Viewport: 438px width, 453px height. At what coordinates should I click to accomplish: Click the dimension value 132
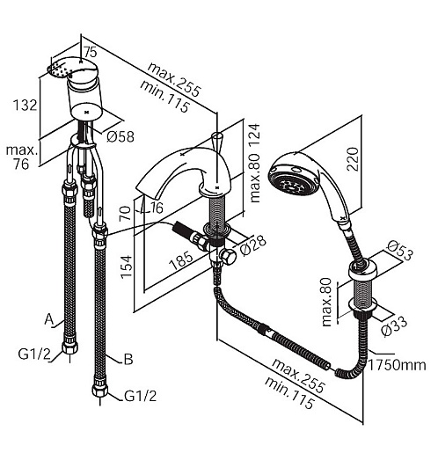click(x=26, y=105)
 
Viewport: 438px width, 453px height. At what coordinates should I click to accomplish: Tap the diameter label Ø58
click(x=120, y=136)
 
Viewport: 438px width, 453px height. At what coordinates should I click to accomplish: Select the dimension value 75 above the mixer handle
click(x=91, y=53)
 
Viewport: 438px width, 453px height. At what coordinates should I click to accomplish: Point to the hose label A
click(x=49, y=319)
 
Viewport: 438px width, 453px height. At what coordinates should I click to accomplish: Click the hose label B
click(x=128, y=359)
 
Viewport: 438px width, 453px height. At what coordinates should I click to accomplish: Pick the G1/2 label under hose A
click(x=34, y=354)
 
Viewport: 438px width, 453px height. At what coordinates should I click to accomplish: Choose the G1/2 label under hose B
click(x=141, y=396)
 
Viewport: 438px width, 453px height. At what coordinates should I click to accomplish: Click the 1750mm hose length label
click(x=397, y=365)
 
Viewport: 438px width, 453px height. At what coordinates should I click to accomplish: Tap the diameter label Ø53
click(x=400, y=250)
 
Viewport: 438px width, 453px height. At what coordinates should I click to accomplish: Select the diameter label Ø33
click(x=395, y=325)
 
